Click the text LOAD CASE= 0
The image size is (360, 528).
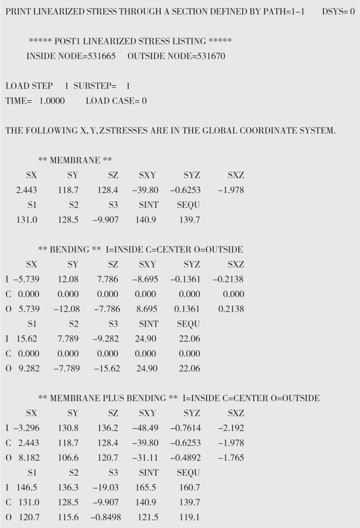[116, 101]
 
